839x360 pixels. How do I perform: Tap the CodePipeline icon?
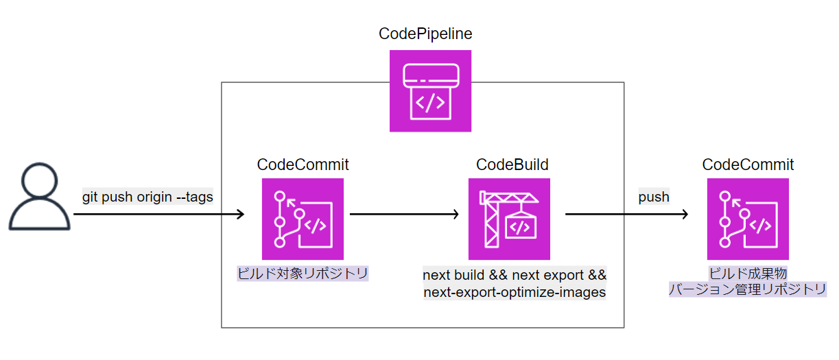pos(430,91)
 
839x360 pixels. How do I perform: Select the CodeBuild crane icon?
pos(509,219)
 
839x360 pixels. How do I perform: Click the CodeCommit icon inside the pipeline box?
pos(303,219)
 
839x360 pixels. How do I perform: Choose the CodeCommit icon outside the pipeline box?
pos(748,219)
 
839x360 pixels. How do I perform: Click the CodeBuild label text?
pos(512,165)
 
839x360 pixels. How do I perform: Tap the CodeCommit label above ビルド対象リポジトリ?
pos(303,165)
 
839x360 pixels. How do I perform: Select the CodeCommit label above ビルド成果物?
pos(748,165)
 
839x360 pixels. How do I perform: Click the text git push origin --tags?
pos(147,197)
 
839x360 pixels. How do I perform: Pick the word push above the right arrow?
pos(654,197)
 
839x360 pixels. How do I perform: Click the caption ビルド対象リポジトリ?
pos(303,274)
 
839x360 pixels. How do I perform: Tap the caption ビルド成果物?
pos(748,274)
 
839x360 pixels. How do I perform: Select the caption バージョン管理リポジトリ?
pos(748,289)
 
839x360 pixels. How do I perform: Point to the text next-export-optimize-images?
pos(515,292)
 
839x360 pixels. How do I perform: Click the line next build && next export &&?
pos(515,276)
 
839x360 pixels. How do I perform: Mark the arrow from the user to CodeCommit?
pos(158,215)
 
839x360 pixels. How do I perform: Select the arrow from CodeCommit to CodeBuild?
pos(405,215)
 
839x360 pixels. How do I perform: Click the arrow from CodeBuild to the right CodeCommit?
pos(626,215)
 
